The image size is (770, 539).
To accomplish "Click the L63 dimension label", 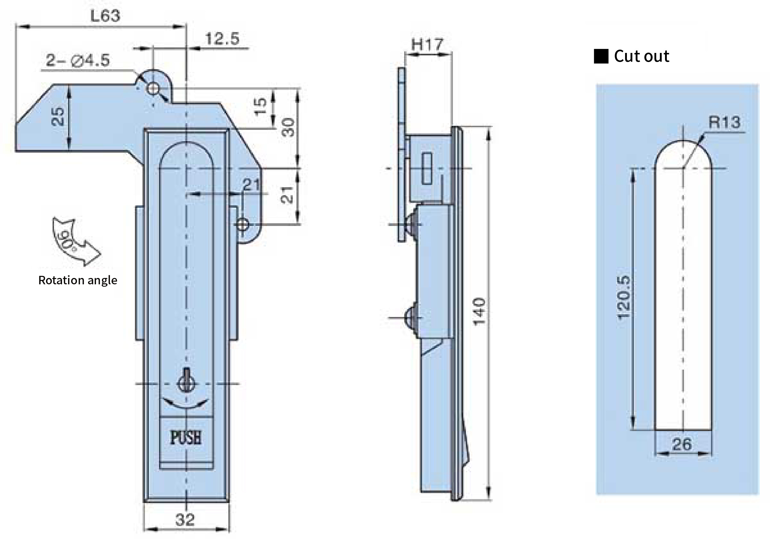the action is click(x=105, y=16).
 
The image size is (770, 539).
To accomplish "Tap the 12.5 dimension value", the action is click(x=222, y=39).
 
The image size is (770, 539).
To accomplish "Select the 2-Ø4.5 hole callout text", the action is click(x=78, y=60).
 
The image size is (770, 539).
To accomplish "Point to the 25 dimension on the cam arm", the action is click(x=58, y=116).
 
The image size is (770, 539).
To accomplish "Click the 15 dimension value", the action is click(x=260, y=106).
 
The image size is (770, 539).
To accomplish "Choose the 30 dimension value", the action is click(x=288, y=127).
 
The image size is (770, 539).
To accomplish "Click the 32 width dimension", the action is click(x=185, y=520).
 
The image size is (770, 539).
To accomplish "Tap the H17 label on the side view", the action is click(x=427, y=44).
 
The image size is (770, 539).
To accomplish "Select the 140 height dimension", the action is click(x=479, y=312).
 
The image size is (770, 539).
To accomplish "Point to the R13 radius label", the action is click(x=724, y=122).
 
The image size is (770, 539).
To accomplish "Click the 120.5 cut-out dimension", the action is click(x=624, y=298).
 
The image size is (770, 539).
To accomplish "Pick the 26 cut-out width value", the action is click(x=682, y=444).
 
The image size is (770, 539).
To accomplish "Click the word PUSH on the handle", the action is click(x=186, y=438).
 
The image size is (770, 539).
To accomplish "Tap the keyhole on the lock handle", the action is click(x=186, y=380).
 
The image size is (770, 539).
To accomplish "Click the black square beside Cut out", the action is click(x=601, y=56).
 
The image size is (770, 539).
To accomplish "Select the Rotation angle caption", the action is click(x=78, y=280).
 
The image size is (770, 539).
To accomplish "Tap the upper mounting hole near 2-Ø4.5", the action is click(x=153, y=89).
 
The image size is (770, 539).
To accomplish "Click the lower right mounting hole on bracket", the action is click(x=242, y=224).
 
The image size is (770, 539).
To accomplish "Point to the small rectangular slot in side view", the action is click(x=427, y=168).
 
